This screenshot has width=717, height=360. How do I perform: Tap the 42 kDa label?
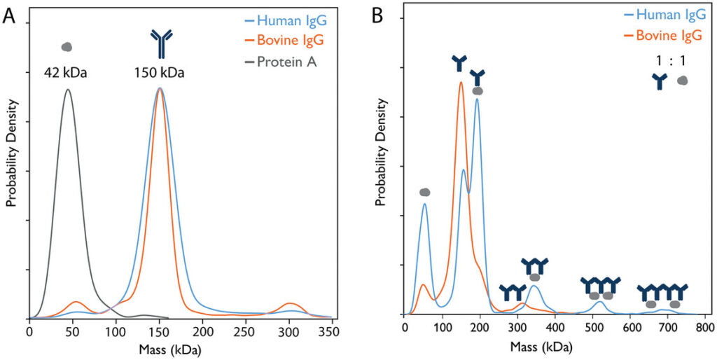[x=67, y=72]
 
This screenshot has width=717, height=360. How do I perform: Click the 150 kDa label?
[x=160, y=72]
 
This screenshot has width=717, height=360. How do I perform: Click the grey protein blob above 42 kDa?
[x=67, y=47]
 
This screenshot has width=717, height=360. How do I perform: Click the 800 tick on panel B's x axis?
[x=706, y=328]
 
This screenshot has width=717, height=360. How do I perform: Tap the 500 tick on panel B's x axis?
[x=593, y=328]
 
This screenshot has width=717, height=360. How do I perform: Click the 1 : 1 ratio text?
[x=670, y=61]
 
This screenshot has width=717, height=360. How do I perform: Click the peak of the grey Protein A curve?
[x=67, y=89]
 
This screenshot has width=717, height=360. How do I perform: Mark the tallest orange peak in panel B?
[x=461, y=82]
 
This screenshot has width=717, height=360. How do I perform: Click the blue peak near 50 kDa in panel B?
[x=424, y=204]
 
